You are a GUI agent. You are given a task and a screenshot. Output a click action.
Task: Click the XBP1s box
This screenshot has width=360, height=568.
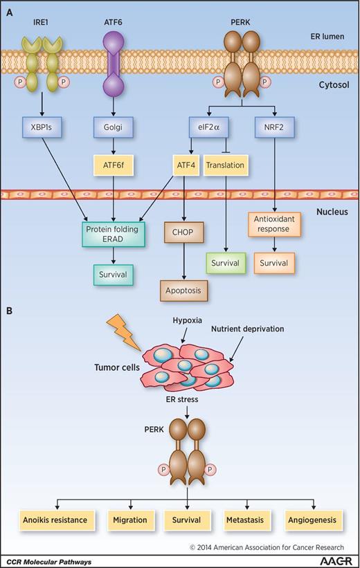(62, 128)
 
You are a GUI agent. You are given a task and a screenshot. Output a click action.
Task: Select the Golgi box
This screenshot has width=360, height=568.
(114, 128)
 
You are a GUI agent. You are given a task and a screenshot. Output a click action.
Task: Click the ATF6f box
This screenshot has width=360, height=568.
(114, 165)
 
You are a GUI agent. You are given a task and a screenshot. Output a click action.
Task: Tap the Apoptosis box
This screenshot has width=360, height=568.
(183, 291)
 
